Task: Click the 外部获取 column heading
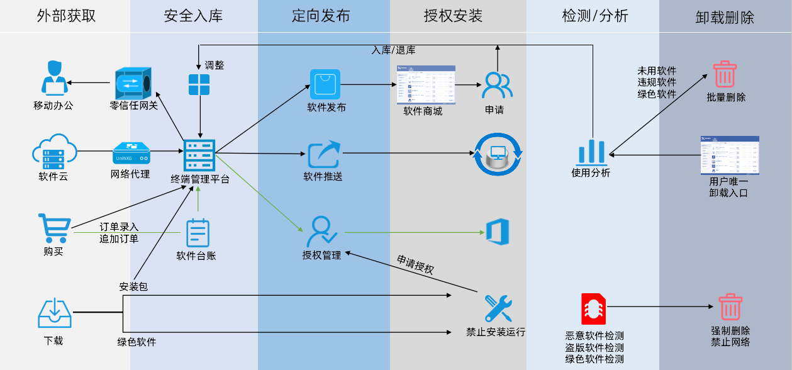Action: [66, 16]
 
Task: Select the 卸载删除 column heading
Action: [725, 17]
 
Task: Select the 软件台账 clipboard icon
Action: [198, 233]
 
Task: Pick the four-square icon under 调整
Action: [199, 84]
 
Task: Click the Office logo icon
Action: [497, 232]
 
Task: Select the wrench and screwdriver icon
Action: [498, 309]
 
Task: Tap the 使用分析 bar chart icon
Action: [591, 151]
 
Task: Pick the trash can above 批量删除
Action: [725, 74]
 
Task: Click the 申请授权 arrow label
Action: [415, 264]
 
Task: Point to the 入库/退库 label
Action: [393, 50]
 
